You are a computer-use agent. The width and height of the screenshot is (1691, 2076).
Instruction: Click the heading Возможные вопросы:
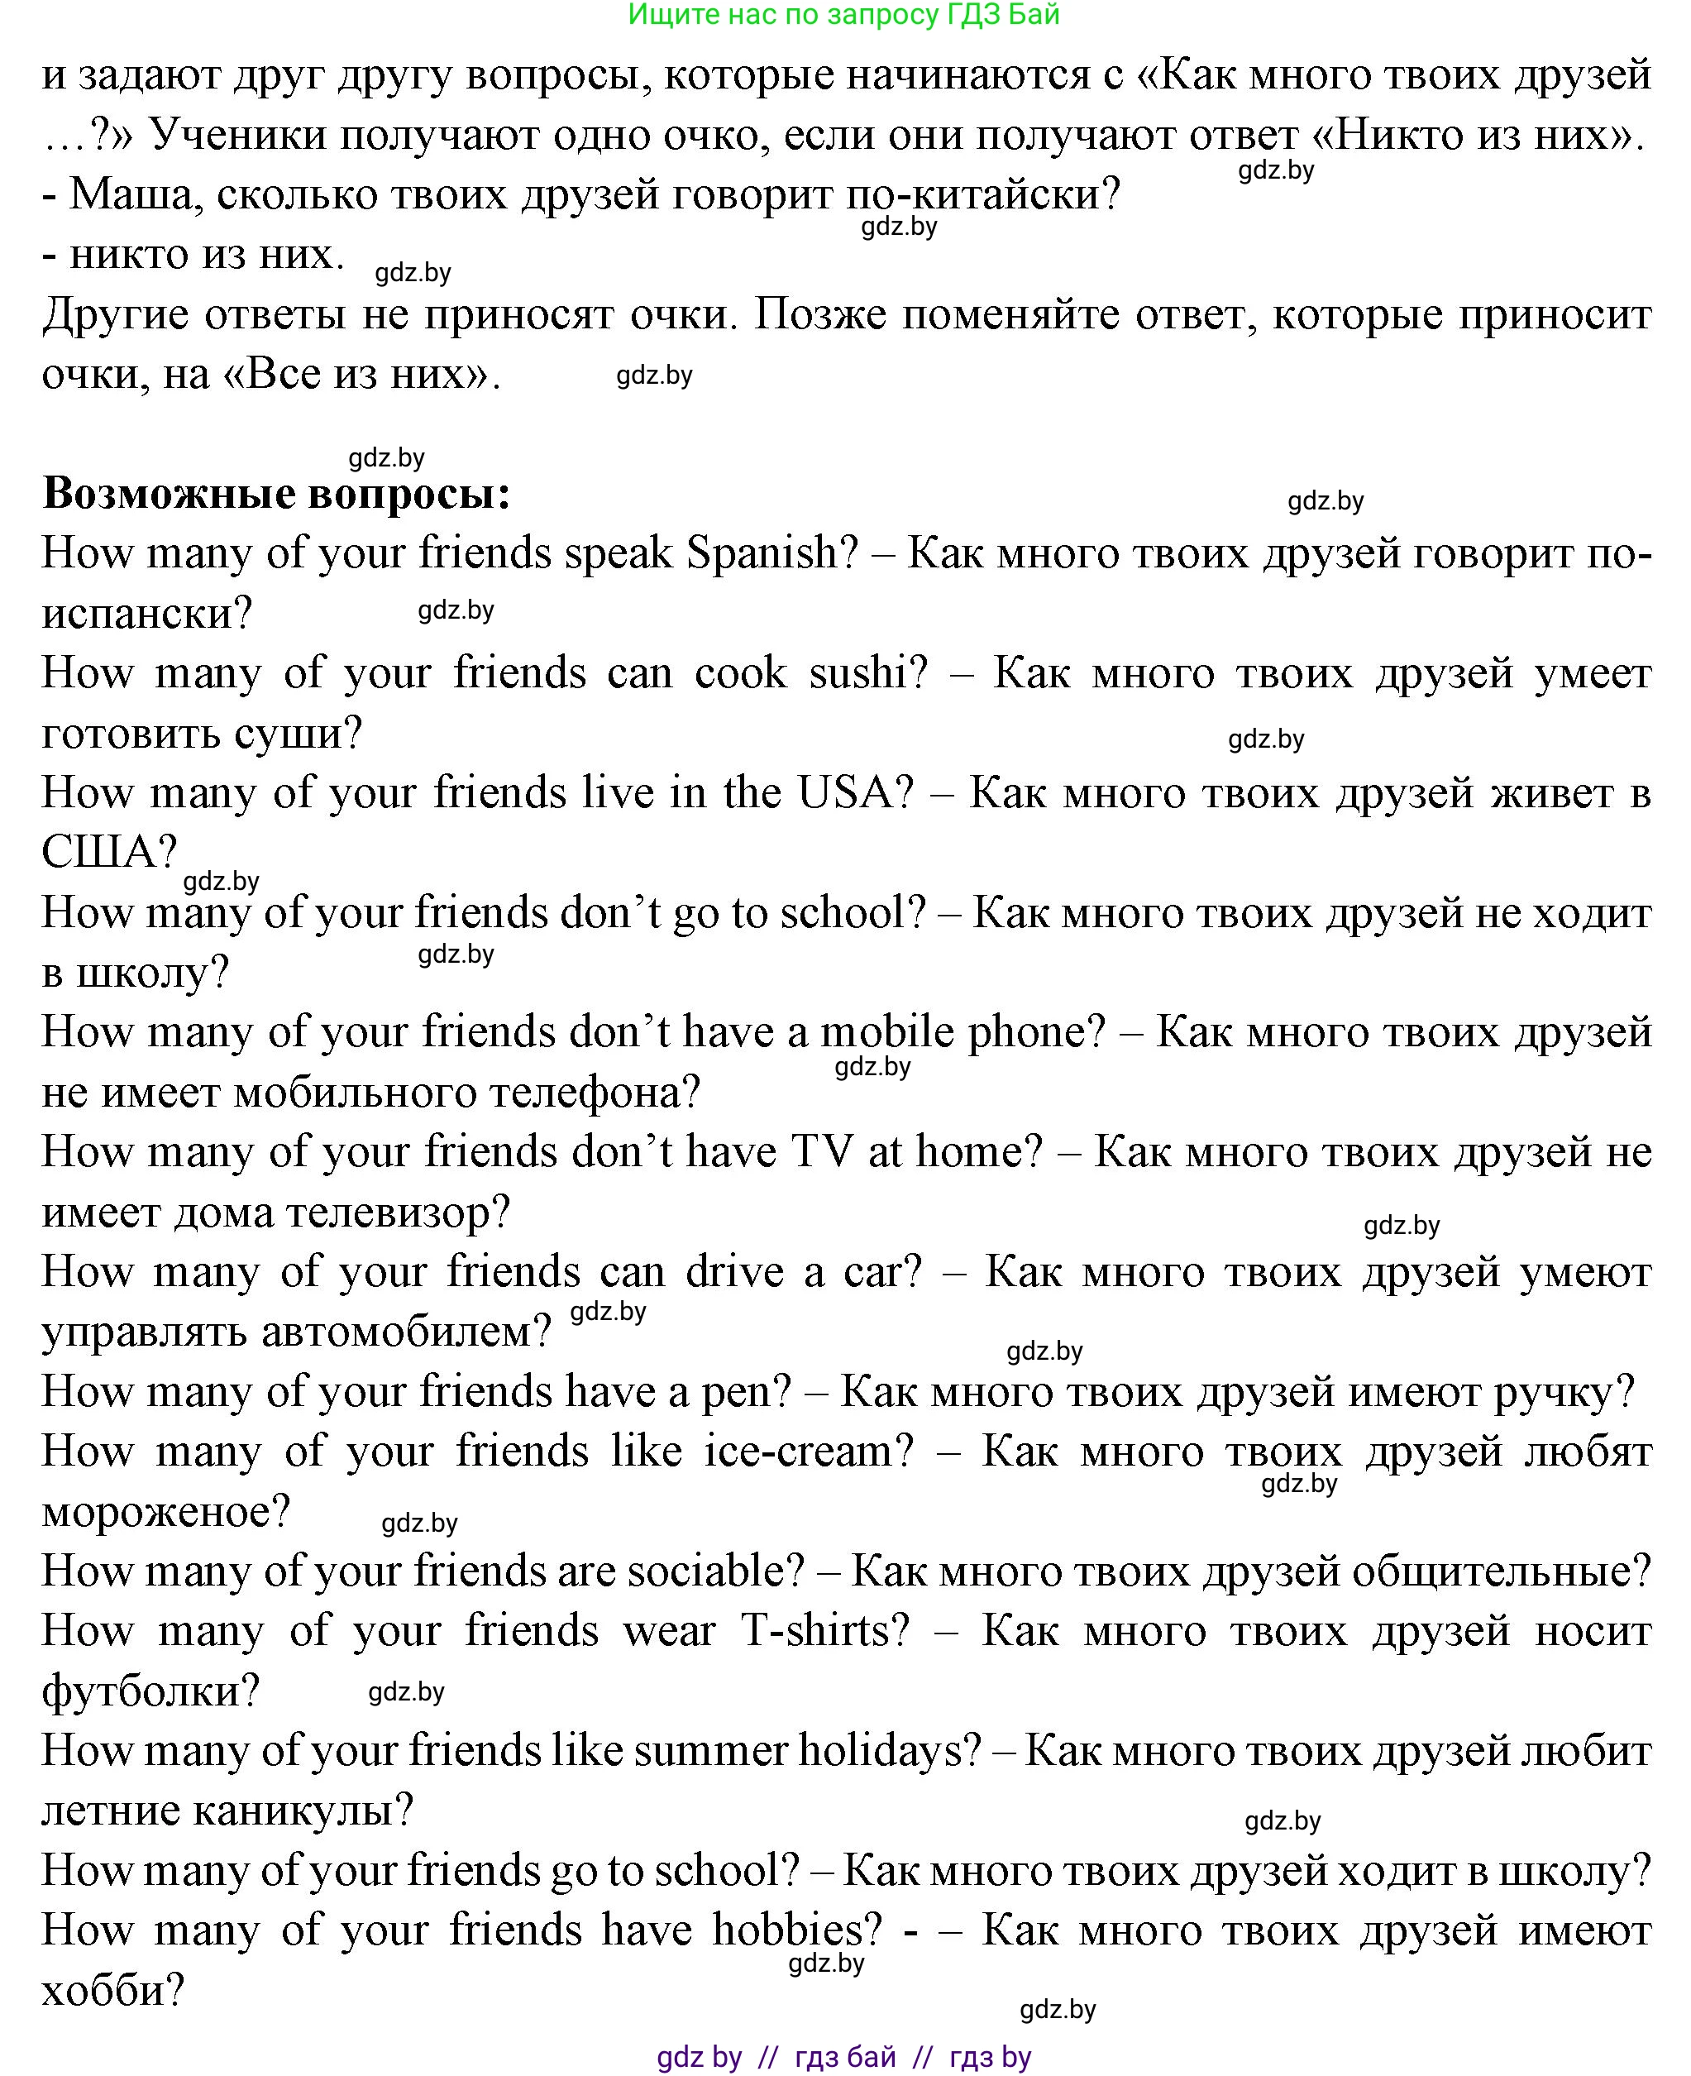pos(277,493)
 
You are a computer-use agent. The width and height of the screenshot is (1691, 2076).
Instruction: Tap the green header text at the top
pos(843,15)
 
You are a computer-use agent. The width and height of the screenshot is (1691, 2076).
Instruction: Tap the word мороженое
pos(165,1511)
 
